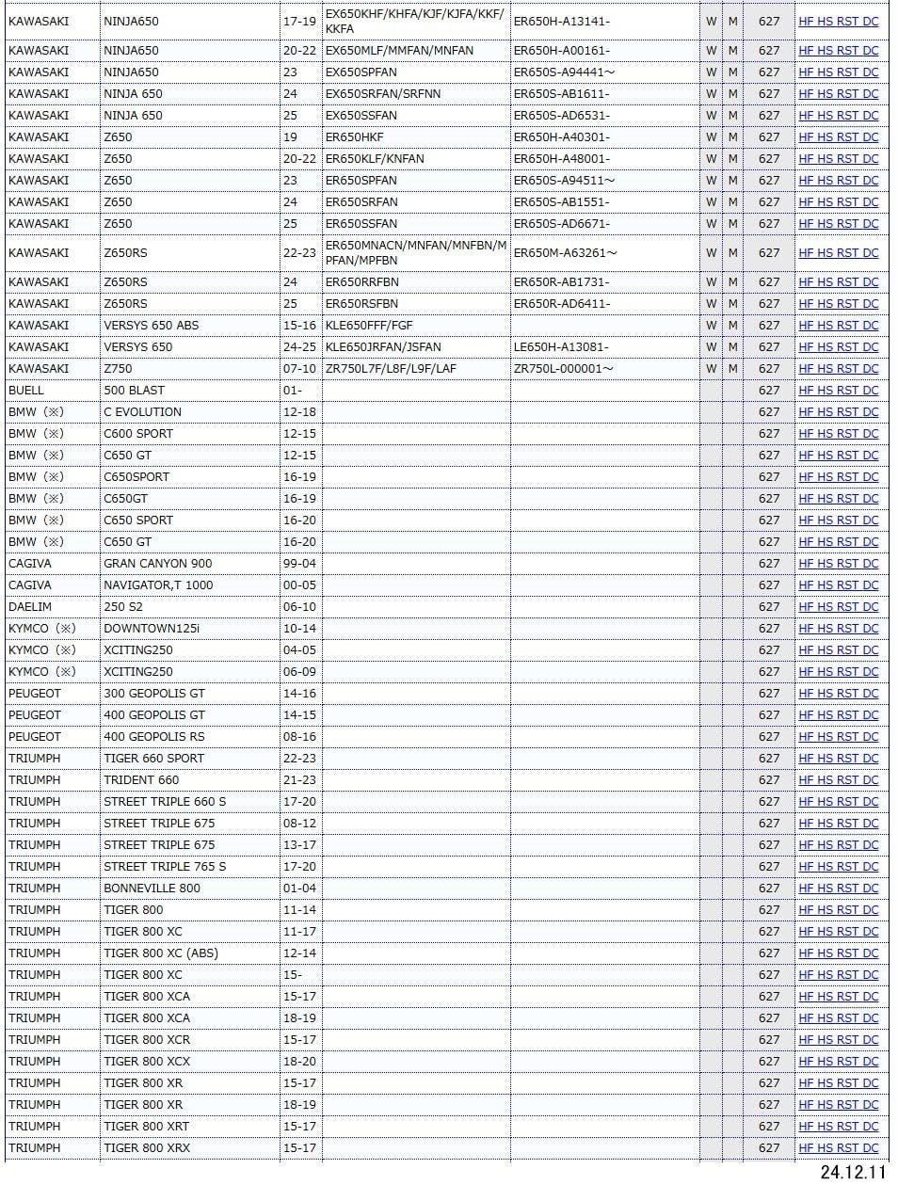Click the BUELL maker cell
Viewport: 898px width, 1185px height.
(x=26, y=391)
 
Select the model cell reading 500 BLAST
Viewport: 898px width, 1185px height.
(x=134, y=391)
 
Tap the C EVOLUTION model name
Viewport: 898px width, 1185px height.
(x=142, y=412)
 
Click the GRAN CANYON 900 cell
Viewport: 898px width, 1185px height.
(x=157, y=564)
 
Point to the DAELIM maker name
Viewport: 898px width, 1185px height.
(x=30, y=607)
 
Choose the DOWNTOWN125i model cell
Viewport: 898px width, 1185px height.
(x=151, y=629)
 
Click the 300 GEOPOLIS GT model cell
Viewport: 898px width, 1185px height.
(x=153, y=694)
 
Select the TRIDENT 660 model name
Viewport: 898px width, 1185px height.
(x=141, y=780)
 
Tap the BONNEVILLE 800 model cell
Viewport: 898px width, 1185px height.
(x=152, y=889)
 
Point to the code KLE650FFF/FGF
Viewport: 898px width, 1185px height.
(x=369, y=326)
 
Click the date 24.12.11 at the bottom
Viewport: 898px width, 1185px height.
(x=853, y=1172)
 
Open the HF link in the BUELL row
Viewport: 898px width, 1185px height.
(x=806, y=391)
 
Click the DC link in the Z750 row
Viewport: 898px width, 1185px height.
(x=870, y=369)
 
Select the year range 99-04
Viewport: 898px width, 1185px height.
(x=299, y=564)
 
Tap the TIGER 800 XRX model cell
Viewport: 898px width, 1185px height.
(x=147, y=1148)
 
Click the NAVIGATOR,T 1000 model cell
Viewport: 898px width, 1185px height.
(x=158, y=585)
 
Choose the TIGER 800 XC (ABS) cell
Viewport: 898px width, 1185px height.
(x=160, y=953)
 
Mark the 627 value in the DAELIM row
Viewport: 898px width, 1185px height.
(x=769, y=607)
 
